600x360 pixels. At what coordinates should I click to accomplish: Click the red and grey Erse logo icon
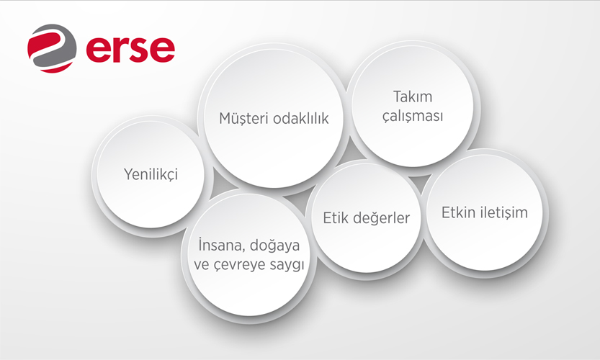(x=52, y=48)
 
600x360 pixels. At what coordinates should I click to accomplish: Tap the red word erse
(x=131, y=50)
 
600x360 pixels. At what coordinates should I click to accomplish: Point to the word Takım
(x=413, y=96)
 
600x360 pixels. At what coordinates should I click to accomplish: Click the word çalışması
(x=413, y=116)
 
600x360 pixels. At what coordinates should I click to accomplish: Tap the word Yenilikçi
(x=151, y=174)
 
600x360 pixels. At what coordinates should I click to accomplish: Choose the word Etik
(x=336, y=217)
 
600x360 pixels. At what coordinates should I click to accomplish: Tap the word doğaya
(x=274, y=246)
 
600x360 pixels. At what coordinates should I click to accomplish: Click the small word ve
(x=201, y=265)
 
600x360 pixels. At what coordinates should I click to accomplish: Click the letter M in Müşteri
(x=225, y=119)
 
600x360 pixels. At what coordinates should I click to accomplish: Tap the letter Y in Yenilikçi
(x=128, y=174)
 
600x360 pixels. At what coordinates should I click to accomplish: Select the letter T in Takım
(x=398, y=96)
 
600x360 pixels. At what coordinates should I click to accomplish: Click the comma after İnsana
(x=243, y=251)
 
